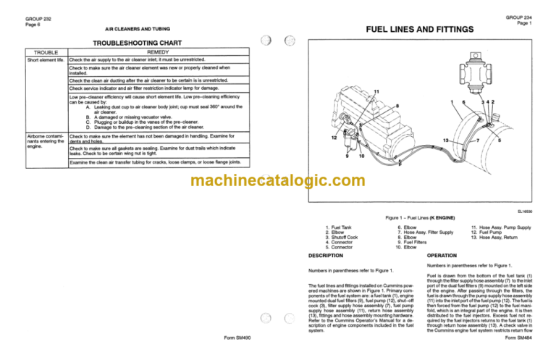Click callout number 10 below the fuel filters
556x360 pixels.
pos(361,156)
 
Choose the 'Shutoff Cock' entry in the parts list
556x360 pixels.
pos(350,237)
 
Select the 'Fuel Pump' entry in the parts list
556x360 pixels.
pos(495,232)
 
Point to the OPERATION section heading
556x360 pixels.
pos(442,256)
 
